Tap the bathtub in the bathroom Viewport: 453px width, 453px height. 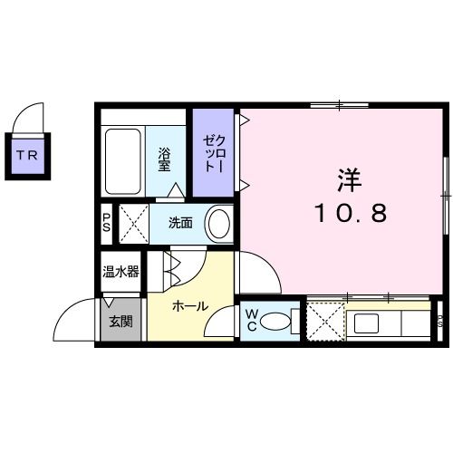(123, 160)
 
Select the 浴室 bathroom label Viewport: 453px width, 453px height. (166, 160)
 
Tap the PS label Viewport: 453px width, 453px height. (107, 223)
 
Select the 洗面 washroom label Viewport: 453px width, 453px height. (179, 224)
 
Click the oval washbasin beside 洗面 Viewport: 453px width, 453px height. (218, 224)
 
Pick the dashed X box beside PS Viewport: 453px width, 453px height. (130, 223)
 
